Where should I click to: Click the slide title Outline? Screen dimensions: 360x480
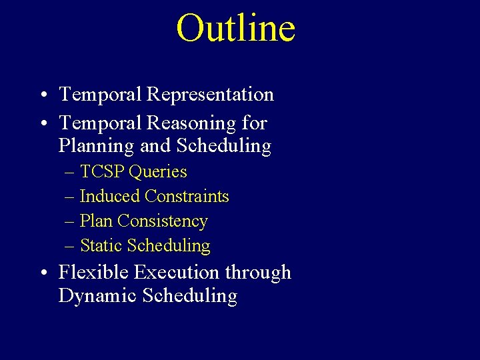(x=235, y=29)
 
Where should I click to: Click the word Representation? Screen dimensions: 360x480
(x=210, y=95)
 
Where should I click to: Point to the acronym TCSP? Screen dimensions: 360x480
(x=103, y=172)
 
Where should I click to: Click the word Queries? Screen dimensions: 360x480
(x=158, y=172)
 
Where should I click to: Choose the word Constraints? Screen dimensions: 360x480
(x=187, y=197)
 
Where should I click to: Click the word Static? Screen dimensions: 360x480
(x=101, y=246)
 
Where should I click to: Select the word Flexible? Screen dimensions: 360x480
(x=94, y=273)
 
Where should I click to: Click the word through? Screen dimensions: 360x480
(x=258, y=273)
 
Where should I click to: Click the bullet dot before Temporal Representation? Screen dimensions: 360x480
(x=42, y=95)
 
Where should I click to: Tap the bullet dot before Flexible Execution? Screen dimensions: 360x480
(x=42, y=273)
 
